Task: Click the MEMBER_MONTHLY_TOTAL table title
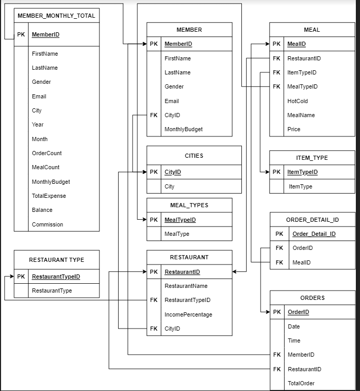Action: (x=56, y=16)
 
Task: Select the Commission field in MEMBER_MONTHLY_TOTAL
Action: (x=47, y=224)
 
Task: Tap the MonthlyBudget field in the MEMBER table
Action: (x=184, y=129)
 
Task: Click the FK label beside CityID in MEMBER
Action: (x=153, y=115)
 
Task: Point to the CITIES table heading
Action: (x=194, y=156)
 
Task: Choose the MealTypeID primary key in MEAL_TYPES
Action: (x=180, y=220)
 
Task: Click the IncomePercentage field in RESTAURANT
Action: (x=188, y=314)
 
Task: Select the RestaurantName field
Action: (x=186, y=286)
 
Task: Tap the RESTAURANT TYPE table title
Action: (x=56, y=259)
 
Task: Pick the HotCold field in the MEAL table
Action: (x=298, y=101)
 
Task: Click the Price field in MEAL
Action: (x=293, y=129)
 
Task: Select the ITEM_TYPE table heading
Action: (x=312, y=158)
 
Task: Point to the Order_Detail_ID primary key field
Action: (x=314, y=234)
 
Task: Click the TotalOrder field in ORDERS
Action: (x=301, y=383)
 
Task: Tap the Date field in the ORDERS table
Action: (x=293, y=326)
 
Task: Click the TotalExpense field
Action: (x=49, y=196)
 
